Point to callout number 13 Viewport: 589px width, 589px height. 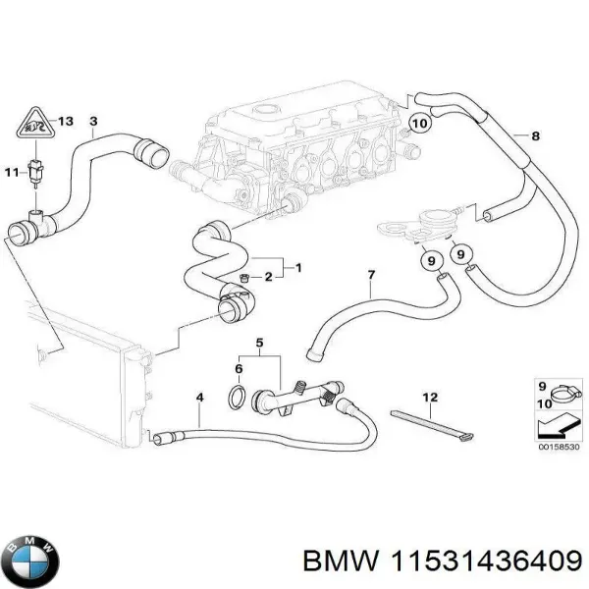click(66, 122)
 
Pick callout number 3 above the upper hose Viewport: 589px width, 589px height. click(92, 122)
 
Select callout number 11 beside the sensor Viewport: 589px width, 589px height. click(11, 173)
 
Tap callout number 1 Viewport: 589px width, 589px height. click(298, 268)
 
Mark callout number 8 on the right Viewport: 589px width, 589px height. click(534, 135)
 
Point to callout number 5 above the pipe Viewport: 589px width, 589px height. click(260, 343)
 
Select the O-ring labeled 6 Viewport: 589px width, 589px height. click(237, 398)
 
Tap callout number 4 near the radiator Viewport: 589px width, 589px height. click(199, 398)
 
